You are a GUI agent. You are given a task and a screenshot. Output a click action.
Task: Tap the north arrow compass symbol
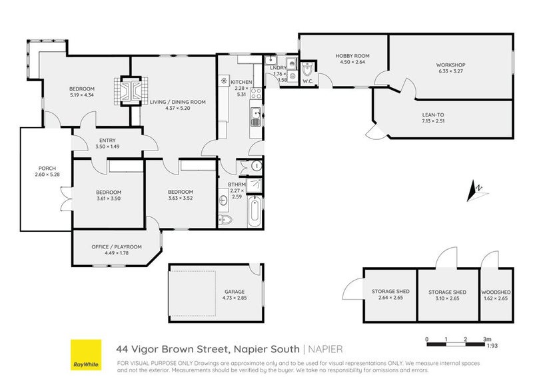click(x=476, y=190)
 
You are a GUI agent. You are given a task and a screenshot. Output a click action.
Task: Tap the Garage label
click(x=235, y=291)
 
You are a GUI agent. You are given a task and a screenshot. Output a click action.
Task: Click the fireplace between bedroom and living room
click(x=129, y=91)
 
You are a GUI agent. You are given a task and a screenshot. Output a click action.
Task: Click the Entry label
click(x=106, y=139)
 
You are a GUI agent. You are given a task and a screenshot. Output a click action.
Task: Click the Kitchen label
click(x=241, y=82)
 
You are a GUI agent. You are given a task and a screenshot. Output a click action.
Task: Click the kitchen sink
click(x=256, y=118)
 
